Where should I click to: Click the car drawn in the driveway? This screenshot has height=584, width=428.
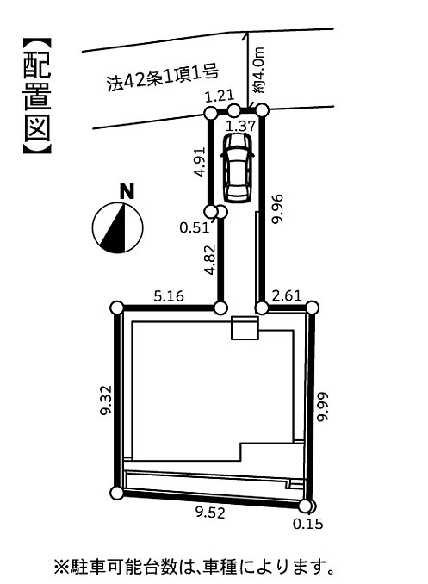click(238, 168)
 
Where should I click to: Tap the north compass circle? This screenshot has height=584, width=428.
click(117, 227)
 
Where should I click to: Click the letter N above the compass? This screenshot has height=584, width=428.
click(127, 192)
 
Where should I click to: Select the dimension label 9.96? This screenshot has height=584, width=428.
click(277, 208)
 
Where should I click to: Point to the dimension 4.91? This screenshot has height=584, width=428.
click(200, 162)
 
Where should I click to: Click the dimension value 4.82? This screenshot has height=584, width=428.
click(210, 259)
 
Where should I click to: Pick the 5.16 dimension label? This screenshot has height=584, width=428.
click(169, 296)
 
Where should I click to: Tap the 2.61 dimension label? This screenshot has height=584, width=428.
click(286, 295)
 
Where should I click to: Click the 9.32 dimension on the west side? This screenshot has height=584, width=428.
click(106, 401)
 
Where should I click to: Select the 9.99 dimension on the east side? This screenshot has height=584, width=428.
click(322, 407)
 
